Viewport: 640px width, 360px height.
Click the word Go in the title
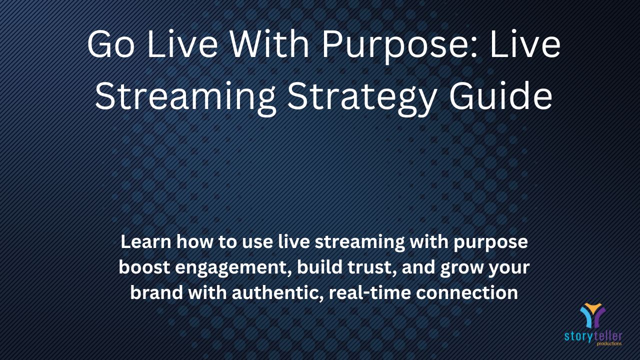coord(111,45)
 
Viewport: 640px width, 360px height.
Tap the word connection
coord(467,293)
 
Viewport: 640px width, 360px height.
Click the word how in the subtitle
coord(194,241)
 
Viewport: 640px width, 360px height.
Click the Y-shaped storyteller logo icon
coord(593,315)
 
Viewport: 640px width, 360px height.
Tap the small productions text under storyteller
coord(609,343)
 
